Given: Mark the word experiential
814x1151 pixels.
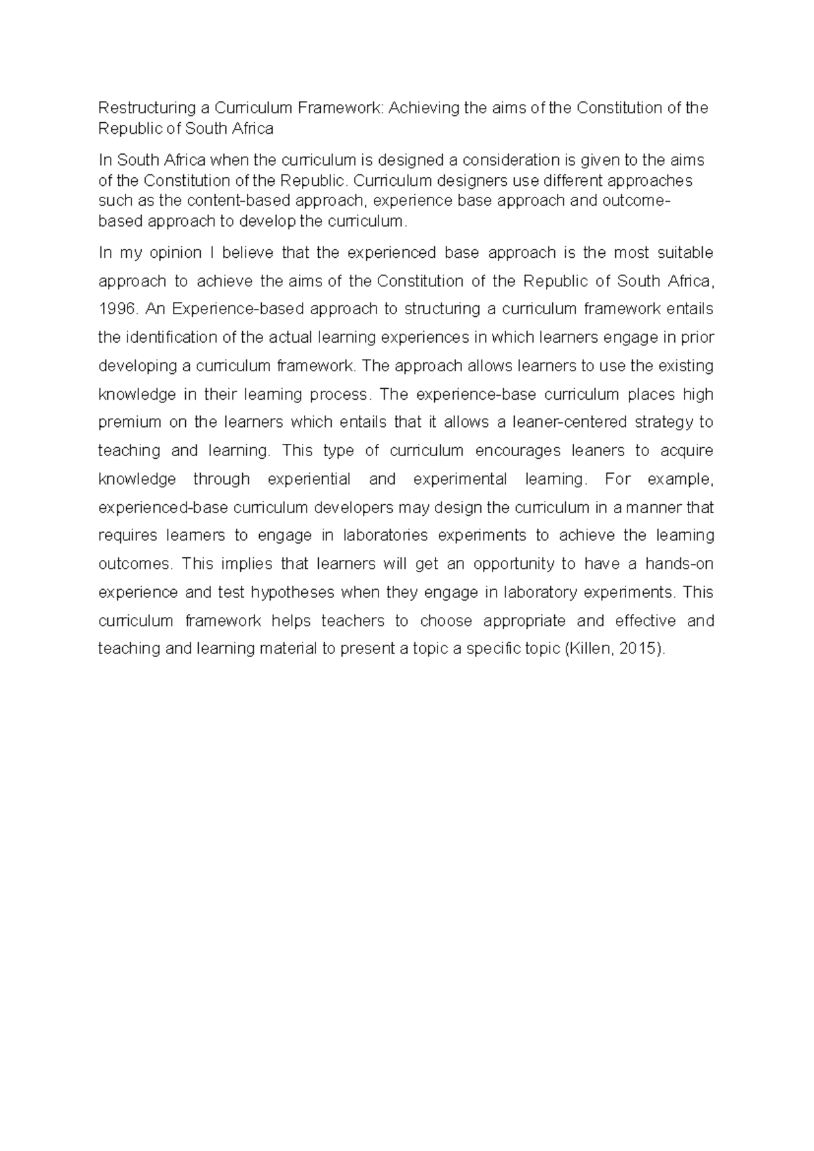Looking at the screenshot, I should (x=309, y=480).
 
